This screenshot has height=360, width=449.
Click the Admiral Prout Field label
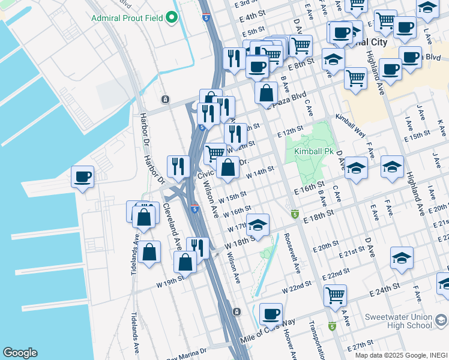click(128, 18)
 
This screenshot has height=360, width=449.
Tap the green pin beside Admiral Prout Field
click(172, 18)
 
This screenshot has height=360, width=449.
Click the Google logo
click(20, 353)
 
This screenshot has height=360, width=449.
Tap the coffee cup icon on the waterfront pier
click(82, 177)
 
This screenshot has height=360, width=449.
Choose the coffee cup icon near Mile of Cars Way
click(271, 313)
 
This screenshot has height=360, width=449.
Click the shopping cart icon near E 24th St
click(334, 295)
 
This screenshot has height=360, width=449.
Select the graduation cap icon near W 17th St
click(258, 225)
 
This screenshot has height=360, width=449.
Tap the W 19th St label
click(169, 281)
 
